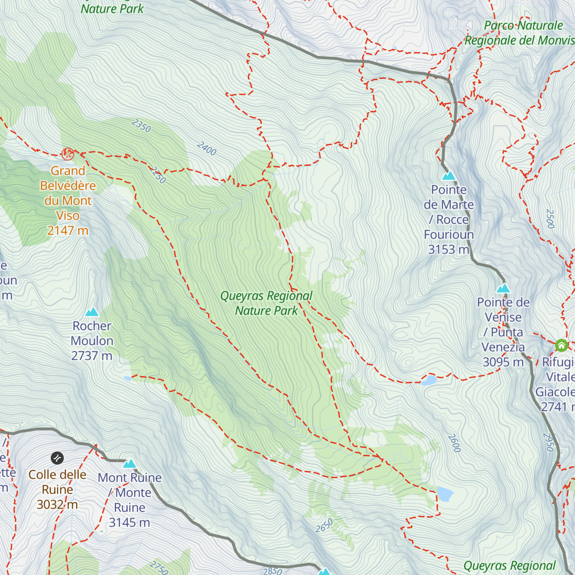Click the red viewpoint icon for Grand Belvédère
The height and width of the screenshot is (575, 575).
pyautogui.click(x=68, y=154)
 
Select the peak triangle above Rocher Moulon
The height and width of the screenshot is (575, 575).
pyautogui.click(x=92, y=312)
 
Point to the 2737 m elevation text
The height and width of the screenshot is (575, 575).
pyautogui.click(x=92, y=356)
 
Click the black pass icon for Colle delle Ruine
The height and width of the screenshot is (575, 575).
pyautogui.click(x=57, y=458)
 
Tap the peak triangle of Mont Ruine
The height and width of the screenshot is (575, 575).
pyautogui.click(x=130, y=464)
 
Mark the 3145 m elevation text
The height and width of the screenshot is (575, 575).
pyautogui.click(x=129, y=523)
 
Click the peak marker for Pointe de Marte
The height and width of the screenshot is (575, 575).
pyautogui.click(x=449, y=176)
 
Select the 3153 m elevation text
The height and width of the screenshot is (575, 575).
pyautogui.click(x=448, y=250)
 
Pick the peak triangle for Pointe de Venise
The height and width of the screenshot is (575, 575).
pyautogui.click(x=503, y=288)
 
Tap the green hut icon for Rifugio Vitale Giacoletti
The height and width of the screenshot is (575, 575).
pyautogui.click(x=562, y=345)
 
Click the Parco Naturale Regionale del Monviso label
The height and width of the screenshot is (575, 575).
pyautogui.click(x=520, y=33)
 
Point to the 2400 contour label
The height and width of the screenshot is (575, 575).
pyautogui.click(x=207, y=149)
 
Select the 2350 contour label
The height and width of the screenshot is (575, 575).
pyautogui.click(x=141, y=126)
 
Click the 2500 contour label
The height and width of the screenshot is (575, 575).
pyautogui.click(x=551, y=218)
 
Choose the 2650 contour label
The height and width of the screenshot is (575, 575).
pyautogui.click(x=324, y=526)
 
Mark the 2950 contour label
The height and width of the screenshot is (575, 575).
pyautogui.click(x=549, y=442)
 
